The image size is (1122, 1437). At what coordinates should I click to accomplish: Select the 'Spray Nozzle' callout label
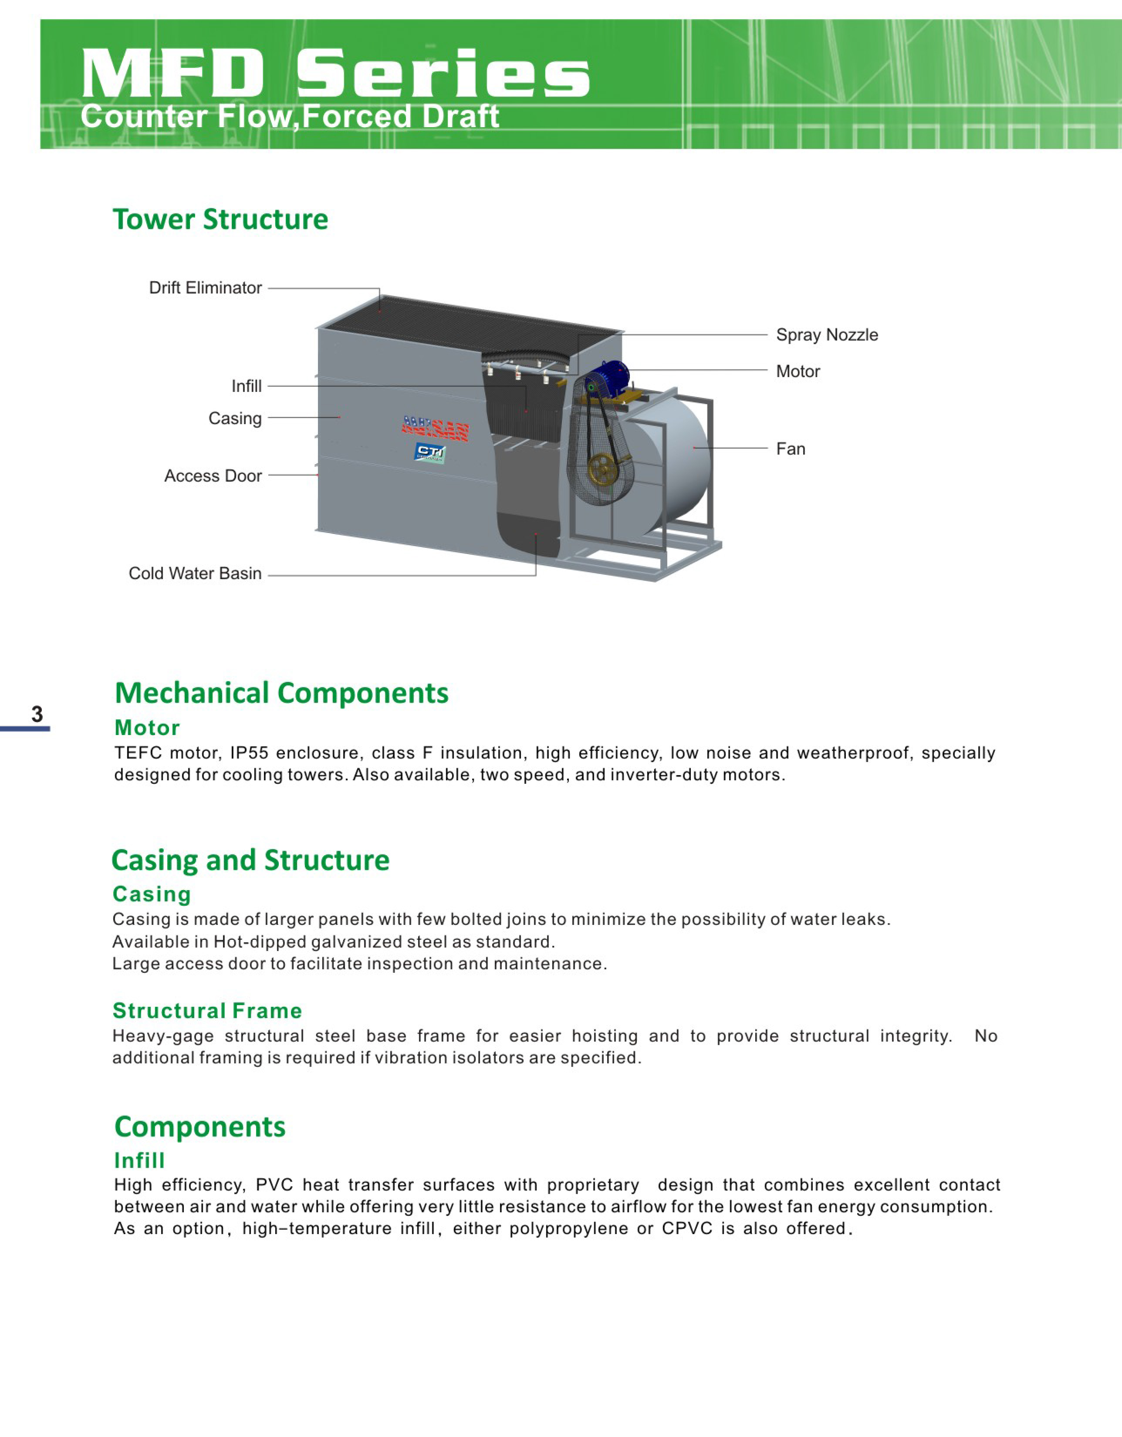tap(827, 335)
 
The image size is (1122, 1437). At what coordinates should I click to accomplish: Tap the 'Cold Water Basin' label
tap(195, 574)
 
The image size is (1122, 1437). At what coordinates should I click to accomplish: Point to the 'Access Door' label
tap(213, 476)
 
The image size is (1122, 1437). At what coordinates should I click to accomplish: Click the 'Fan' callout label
tap(791, 449)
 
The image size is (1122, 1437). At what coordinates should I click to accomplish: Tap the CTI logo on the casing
tap(430, 452)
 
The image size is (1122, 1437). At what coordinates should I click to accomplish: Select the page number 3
tap(37, 714)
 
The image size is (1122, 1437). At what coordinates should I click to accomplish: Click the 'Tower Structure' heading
tap(220, 219)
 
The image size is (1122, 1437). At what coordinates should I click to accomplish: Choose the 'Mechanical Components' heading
tap(282, 693)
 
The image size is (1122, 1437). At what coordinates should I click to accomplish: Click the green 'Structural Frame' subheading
tap(207, 1010)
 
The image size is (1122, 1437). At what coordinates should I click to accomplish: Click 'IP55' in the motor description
tap(249, 753)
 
